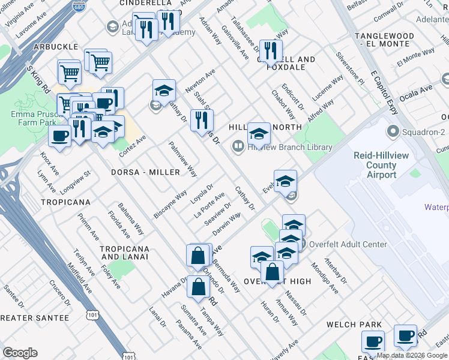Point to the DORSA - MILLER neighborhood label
click(145, 172)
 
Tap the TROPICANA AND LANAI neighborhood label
click(124, 253)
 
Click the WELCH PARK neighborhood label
click(354, 325)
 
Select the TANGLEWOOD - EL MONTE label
click(393, 40)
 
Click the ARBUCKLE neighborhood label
click(56, 46)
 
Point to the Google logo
click(20, 352)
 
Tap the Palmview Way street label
click(183, 159)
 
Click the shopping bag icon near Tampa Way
click(198, 287)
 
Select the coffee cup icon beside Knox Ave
click(59, 136)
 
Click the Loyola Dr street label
click(202, 193)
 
